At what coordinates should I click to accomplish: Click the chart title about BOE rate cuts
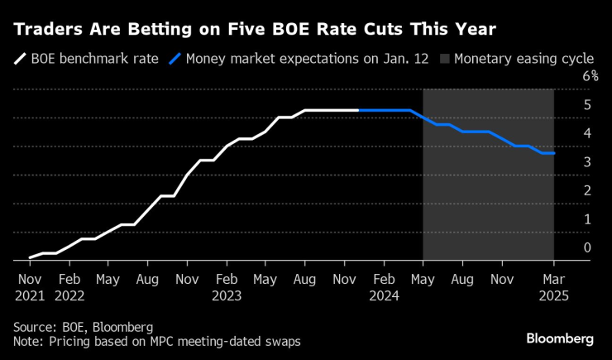click(x=253, y=29)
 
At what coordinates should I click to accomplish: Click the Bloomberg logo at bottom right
click(x=561, y=338)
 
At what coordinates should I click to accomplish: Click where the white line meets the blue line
click(x=358, y=110)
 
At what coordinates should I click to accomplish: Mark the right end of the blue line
click(x=554, y=153)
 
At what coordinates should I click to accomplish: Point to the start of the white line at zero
click(x=29, y=258)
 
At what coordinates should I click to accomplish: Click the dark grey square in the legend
click(x=446, y=59)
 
